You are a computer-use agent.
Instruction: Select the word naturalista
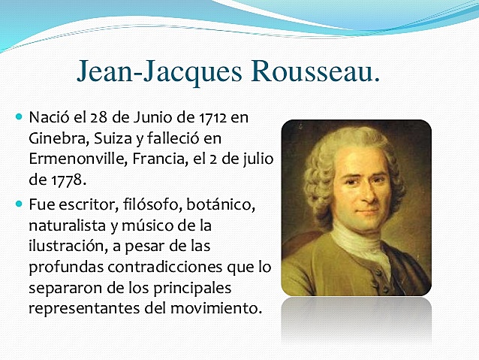68,225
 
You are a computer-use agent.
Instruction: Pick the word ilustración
69,246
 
